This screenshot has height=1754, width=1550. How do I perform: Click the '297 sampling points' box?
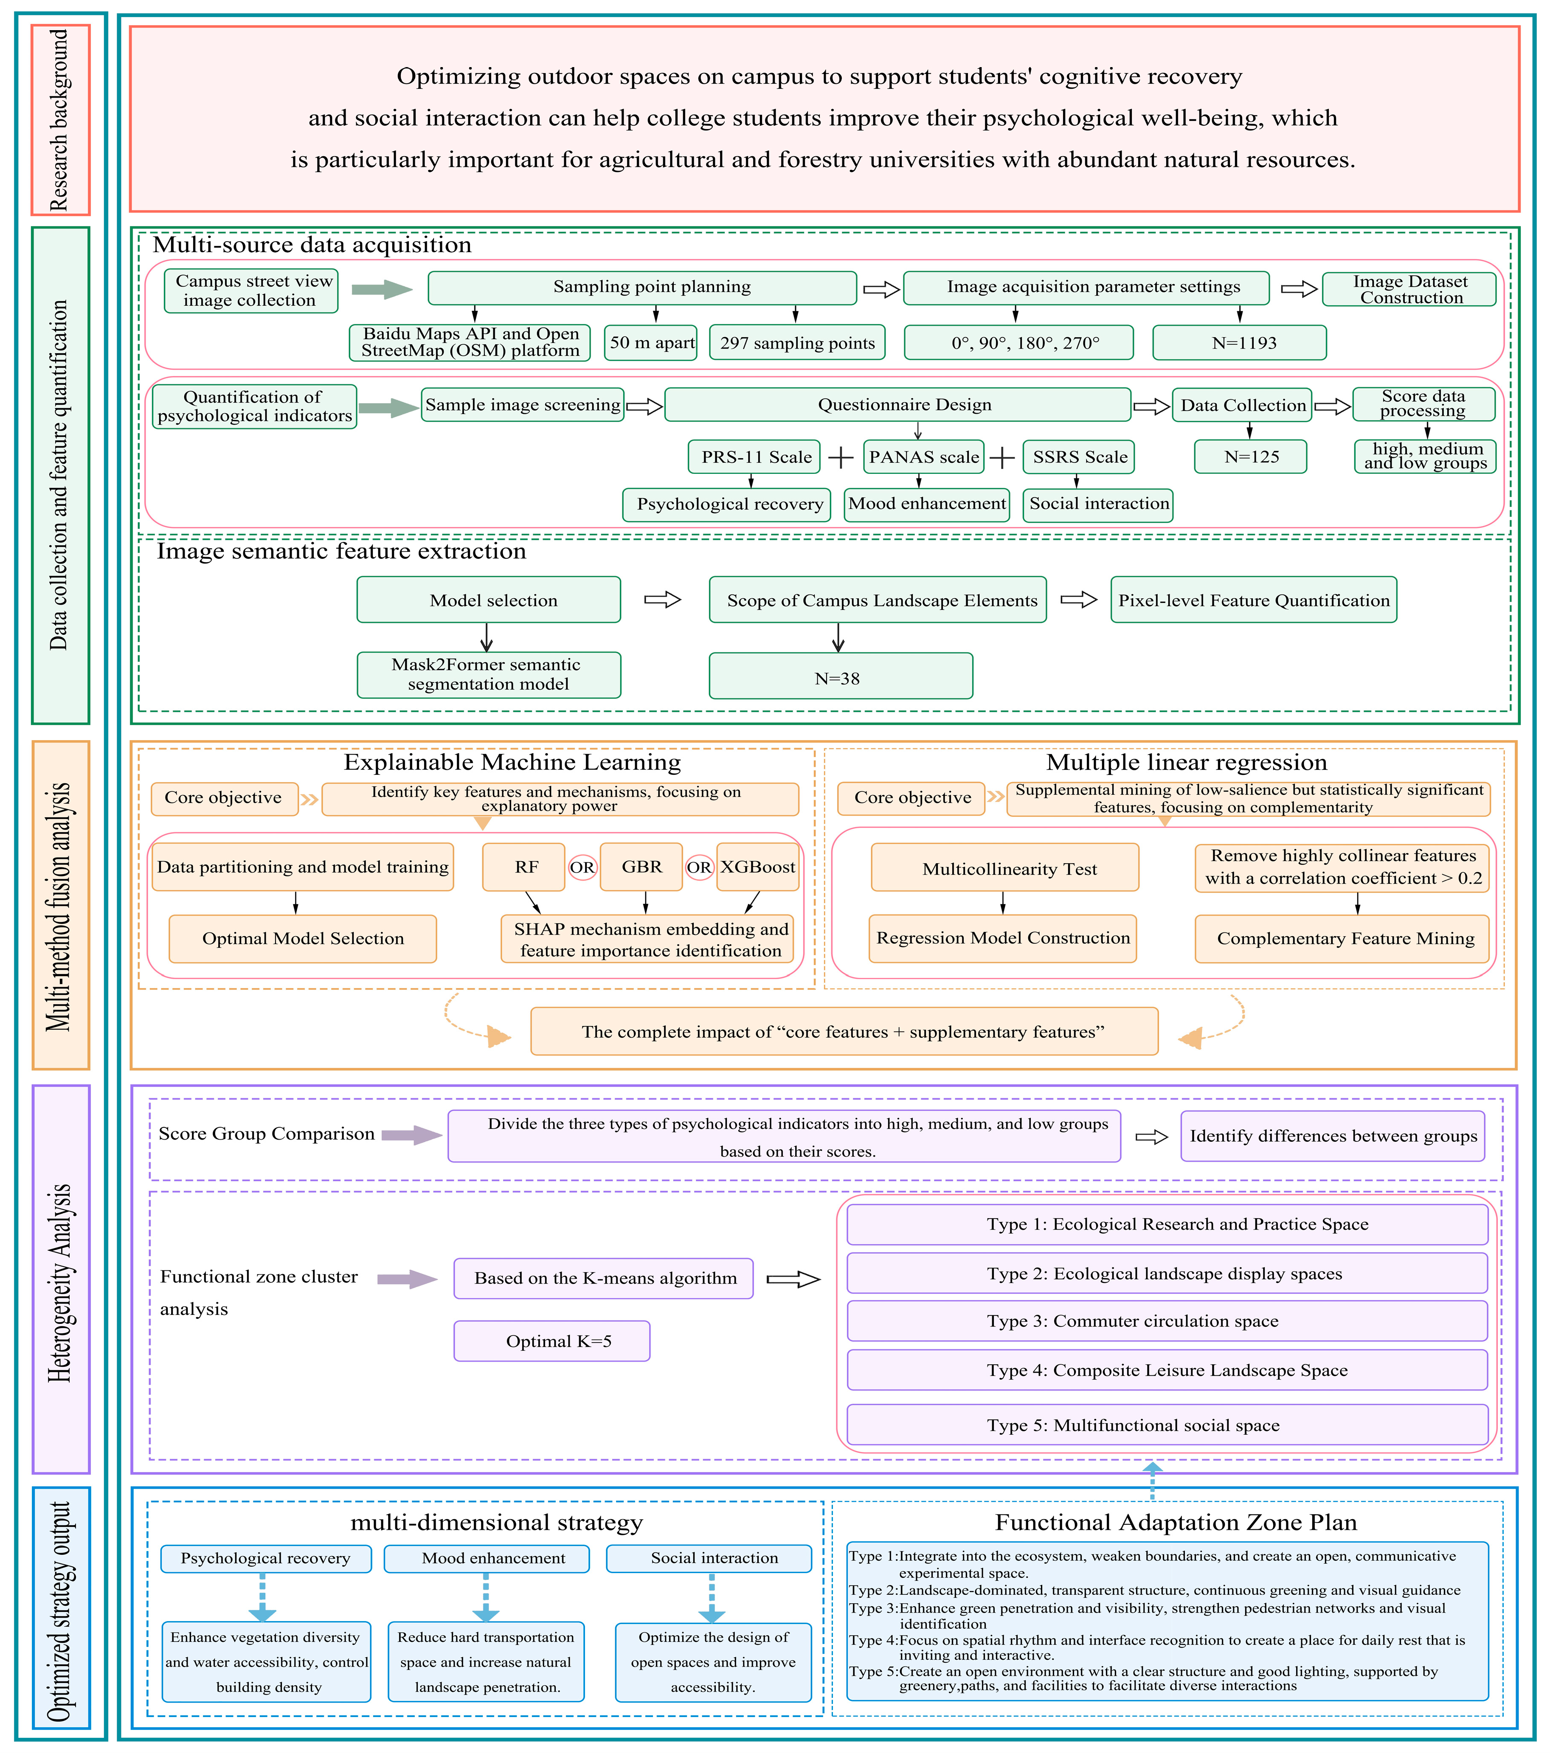pos(797,342)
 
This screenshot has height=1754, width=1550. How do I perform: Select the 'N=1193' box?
pos(1239,342)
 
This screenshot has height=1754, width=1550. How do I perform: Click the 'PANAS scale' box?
pos(923,456)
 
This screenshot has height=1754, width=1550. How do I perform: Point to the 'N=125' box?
pos(1250,456)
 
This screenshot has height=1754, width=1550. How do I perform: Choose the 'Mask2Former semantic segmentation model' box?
pos(488,675)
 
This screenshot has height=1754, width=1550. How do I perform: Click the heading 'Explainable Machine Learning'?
pos(512,762)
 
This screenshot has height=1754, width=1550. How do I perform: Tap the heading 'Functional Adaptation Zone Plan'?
pos(1176,1522)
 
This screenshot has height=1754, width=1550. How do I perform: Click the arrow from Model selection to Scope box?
pos(663,599)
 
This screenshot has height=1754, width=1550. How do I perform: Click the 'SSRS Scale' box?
pos(1080,456)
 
